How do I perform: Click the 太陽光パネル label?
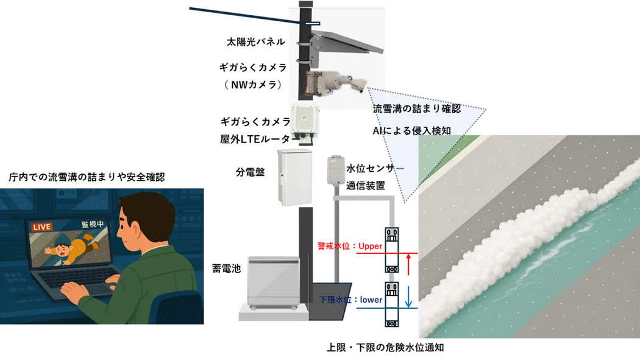255,41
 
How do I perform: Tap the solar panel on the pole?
347,43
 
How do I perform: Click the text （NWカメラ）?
253,85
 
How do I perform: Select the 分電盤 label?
250,172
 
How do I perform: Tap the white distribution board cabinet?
294,177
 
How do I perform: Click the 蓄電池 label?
227,268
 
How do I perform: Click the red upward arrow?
408,264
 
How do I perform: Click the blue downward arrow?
408,297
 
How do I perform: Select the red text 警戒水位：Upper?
350,246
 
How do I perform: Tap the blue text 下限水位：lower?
350,300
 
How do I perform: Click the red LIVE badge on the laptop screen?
42,227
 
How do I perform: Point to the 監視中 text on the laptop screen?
93,224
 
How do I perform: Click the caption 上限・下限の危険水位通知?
385,347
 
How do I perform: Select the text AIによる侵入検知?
411,130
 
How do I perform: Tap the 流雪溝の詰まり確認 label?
417,108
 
